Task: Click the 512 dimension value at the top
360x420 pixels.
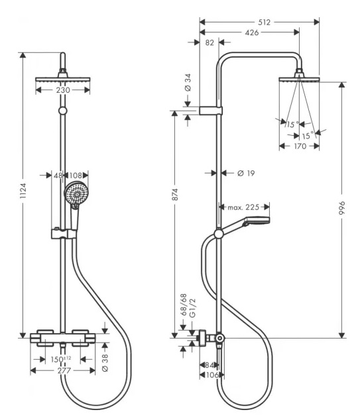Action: (264, 23)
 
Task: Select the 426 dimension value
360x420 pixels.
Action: (252, 32)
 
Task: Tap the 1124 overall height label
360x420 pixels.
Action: (23, 190)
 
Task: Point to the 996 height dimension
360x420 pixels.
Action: (341, 208)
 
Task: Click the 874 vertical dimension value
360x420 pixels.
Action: (175, 195)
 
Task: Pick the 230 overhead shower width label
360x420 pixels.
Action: (63, 90)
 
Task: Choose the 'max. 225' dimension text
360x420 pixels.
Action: (243, 207)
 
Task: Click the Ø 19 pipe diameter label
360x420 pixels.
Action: (246, 174)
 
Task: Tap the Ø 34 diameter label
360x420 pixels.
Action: (188, 82)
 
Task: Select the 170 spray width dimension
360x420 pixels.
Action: (300, 146)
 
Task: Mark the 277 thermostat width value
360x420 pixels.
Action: (64, 370)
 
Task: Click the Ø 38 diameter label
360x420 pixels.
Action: (105, 362)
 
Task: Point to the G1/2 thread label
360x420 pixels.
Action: (192, 308)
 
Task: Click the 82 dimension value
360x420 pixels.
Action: (210, 42)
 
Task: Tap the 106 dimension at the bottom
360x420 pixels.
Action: (211, 375)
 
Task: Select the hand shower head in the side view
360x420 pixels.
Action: (256, 221)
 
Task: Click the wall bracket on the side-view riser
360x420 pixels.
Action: (211, 111)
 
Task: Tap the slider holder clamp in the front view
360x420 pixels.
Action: (64, 233)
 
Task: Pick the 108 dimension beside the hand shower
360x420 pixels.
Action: (76, 176)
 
